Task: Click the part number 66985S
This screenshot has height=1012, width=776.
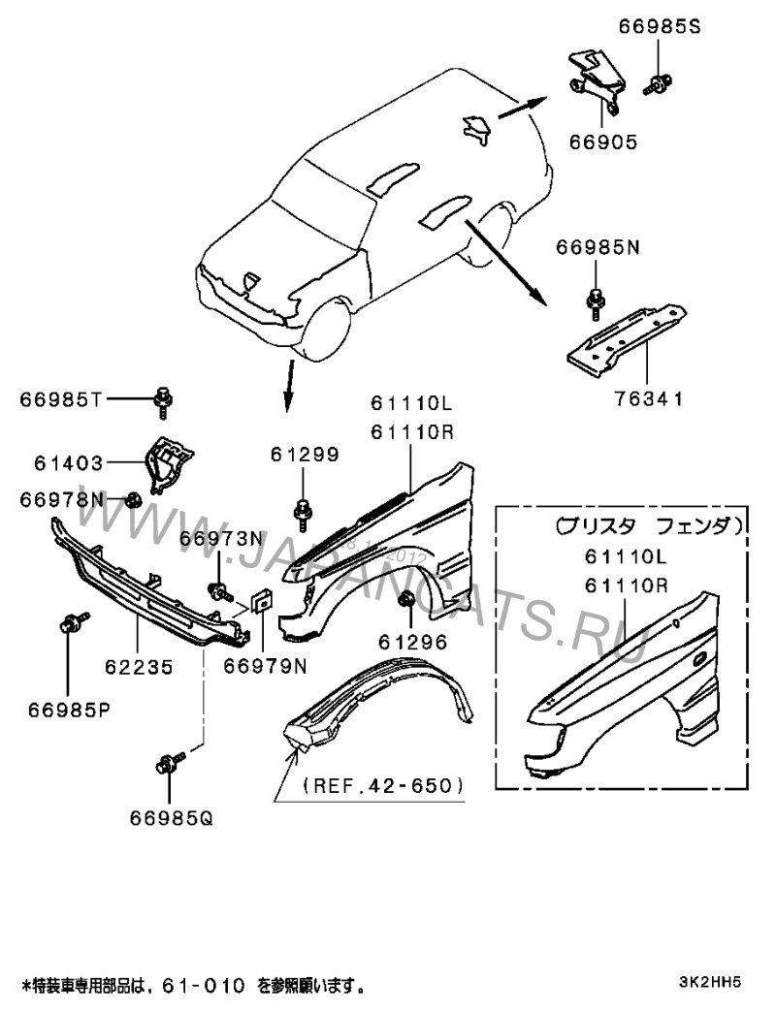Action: click(x=660, y=27)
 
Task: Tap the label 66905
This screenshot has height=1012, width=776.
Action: click(x=602, y=142)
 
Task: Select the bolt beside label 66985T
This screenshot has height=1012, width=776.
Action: click(x=164, y=398)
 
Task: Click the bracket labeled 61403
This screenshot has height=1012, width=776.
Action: click(x=169, y=464)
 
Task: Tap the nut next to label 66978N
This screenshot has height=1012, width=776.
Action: click(x=135, y=500)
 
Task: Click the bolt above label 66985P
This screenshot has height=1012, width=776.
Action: click(x=72, y=623)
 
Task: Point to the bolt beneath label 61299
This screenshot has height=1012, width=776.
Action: click(x=303, y=509)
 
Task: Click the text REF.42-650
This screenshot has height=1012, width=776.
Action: click(x=383, y=785)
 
